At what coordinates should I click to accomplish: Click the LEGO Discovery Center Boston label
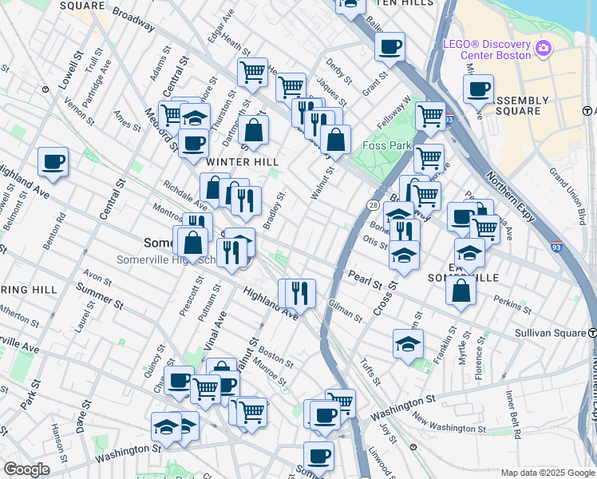coord(487,49)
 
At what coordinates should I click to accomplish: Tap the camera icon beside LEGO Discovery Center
coord(544,49)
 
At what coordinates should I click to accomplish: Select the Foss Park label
coord(385,145)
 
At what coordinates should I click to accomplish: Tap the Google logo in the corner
coord(26,469)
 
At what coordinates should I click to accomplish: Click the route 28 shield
coord(373,205)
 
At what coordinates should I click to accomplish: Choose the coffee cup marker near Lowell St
coord(53,161)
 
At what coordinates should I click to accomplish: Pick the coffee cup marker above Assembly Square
coord(478,89)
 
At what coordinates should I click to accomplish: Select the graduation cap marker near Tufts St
coord(407,344)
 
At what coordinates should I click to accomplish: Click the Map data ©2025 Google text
coord(547,473)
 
